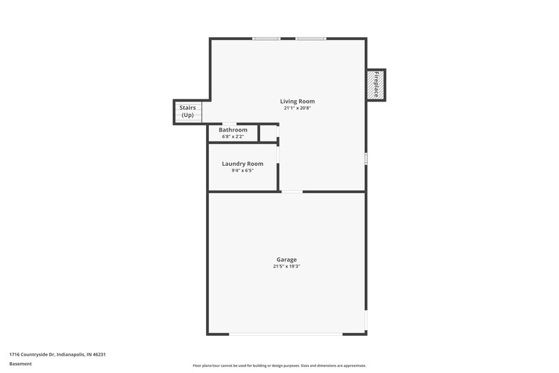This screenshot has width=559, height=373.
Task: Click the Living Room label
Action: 298,101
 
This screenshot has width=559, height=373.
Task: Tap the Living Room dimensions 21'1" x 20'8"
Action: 298,108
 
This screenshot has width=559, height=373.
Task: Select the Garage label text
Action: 286,260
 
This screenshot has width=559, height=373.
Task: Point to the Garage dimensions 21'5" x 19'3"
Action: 286,267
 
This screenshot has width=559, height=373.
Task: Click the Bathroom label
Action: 233,129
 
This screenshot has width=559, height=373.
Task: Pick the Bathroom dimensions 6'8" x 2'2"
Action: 233,136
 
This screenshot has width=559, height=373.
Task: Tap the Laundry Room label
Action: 242,164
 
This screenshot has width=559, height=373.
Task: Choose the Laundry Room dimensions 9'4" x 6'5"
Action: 242,171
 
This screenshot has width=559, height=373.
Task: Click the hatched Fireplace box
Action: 376,84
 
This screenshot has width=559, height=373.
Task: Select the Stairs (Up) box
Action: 187,112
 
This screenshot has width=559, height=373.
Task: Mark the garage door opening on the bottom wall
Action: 286,334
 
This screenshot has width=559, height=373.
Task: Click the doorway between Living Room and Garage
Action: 292,191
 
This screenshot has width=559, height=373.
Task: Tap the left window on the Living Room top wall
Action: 266,38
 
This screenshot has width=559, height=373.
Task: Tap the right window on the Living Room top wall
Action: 311,38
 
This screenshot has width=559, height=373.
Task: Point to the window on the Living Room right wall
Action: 365,160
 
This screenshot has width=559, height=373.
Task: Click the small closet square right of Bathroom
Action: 268,133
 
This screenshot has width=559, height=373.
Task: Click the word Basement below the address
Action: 20,364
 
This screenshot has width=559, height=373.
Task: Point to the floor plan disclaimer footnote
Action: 279,365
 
